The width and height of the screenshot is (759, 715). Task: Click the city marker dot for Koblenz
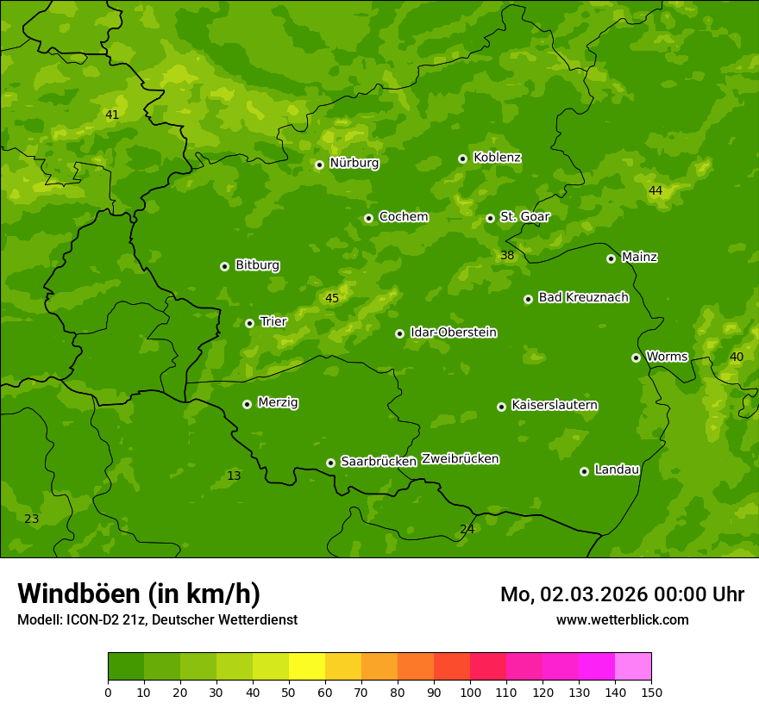463,159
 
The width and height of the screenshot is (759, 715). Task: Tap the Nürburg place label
354,163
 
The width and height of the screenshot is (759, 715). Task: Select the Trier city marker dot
250,323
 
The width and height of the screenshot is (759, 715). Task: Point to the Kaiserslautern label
555,405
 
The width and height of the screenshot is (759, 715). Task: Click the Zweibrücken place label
460,459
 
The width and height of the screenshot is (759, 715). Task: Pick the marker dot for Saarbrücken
330,463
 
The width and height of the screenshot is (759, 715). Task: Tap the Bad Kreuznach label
583,297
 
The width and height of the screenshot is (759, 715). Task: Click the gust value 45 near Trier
332,299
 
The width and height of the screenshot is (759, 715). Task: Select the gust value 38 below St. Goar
507,255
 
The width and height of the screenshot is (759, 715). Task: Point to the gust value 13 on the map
234,476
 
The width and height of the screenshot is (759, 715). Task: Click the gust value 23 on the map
32,519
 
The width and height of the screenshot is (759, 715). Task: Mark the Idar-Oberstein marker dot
399,333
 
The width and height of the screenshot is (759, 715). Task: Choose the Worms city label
667,356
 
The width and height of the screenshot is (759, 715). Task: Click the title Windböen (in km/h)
139,594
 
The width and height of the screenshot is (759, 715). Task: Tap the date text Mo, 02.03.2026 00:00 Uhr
622,594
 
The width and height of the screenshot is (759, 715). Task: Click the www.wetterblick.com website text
622,620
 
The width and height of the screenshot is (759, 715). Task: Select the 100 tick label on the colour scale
470,692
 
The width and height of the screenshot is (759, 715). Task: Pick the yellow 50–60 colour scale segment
307,667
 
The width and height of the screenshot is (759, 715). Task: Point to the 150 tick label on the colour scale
651,692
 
